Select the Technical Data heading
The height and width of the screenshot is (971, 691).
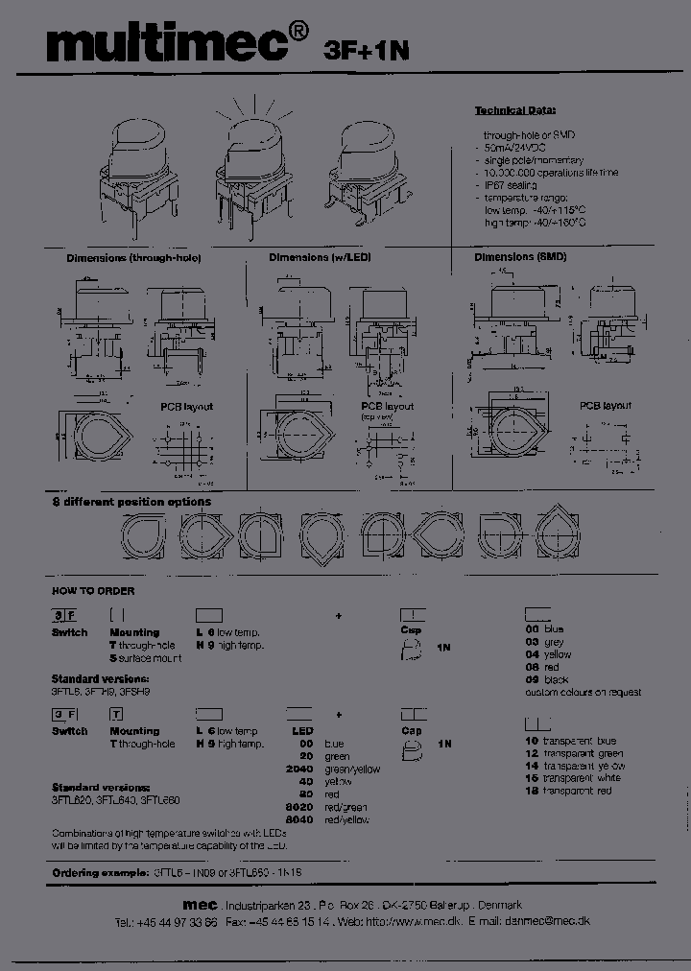tap(515, 110)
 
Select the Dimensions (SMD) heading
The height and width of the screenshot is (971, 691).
tap(520, 258)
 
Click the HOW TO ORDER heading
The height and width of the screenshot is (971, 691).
tap(93, 591)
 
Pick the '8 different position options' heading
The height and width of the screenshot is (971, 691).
tap(131, 502)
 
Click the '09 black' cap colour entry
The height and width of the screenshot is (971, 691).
tap(546, 679)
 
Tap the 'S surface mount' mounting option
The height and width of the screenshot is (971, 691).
tap(146, 658)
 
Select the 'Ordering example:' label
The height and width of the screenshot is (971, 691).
tap(99, 873)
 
